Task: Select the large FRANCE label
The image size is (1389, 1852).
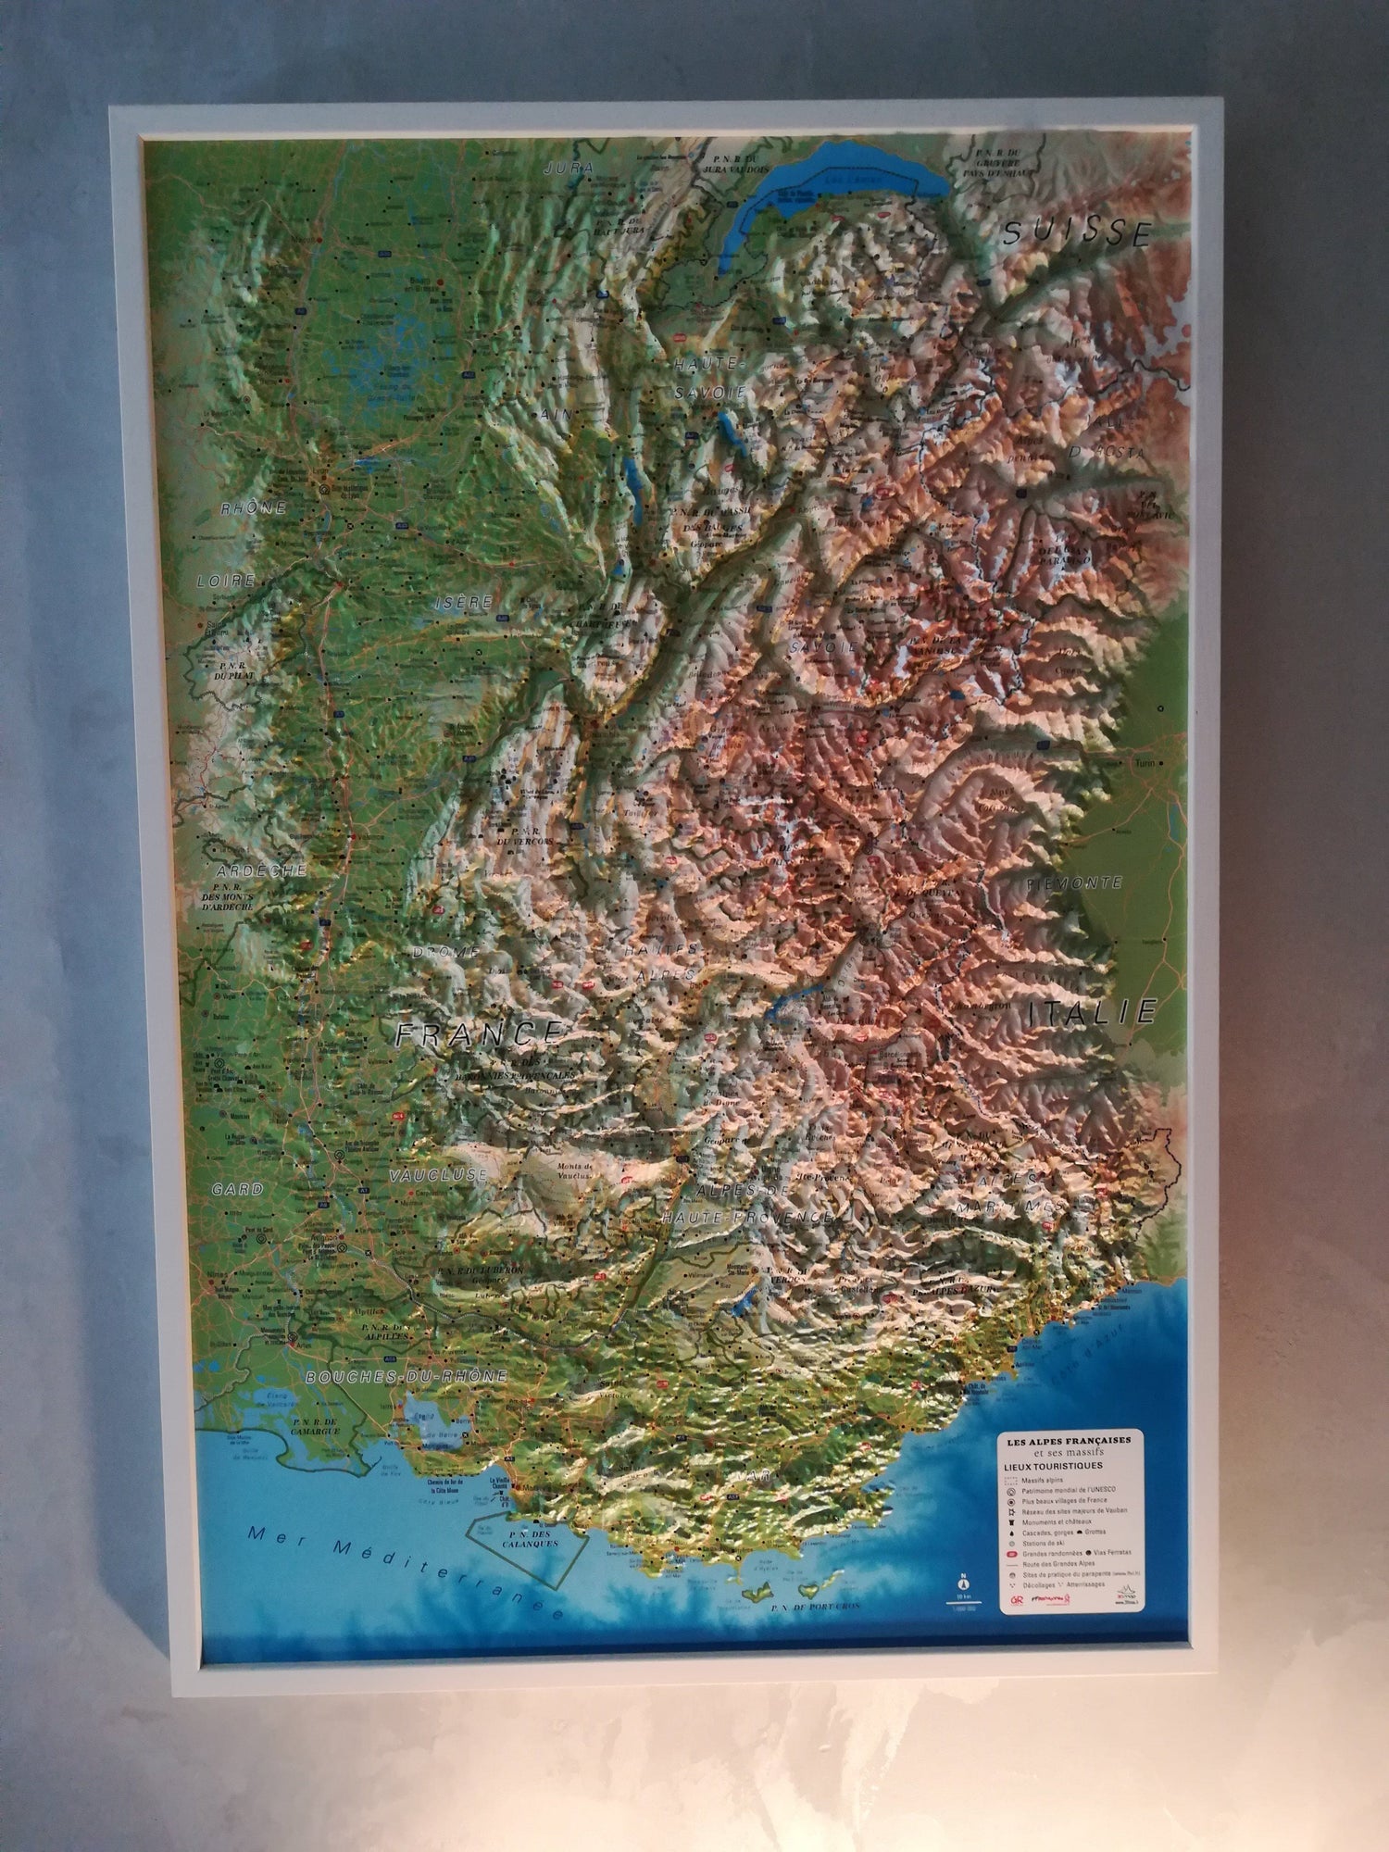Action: (x=477, y=1032)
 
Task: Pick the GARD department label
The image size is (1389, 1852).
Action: (x=237, y=1189)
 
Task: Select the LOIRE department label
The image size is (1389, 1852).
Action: (x=225, y=582)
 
